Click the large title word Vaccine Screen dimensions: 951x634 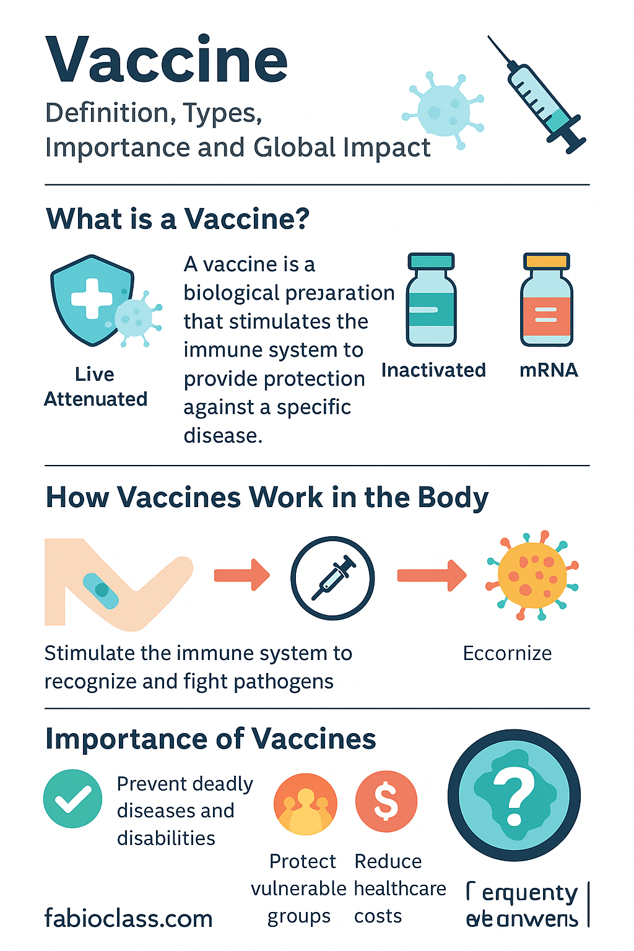tap(167, 60)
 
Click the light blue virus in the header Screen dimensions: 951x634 tap(442, 110)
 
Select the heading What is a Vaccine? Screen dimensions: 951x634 tap(178, 219)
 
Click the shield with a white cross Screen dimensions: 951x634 tap(92, 300)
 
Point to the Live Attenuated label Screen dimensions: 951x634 tap(95, 387)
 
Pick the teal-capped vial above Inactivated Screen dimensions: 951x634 tap(431, 300)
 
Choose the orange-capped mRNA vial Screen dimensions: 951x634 tap(546, 300)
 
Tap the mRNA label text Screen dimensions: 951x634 tap(549, 370)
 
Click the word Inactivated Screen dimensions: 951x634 tap(433, 370)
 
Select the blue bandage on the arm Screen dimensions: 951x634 tap(101, 590)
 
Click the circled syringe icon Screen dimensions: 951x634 tap(332, 578)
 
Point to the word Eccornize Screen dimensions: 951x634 tap(507, 653)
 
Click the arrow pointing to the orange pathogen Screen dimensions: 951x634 tap(432, 576)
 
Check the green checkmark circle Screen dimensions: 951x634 tap(73, 799)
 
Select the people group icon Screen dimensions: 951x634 tap(305, 804)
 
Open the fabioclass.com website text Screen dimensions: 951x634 tap(128, 918)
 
